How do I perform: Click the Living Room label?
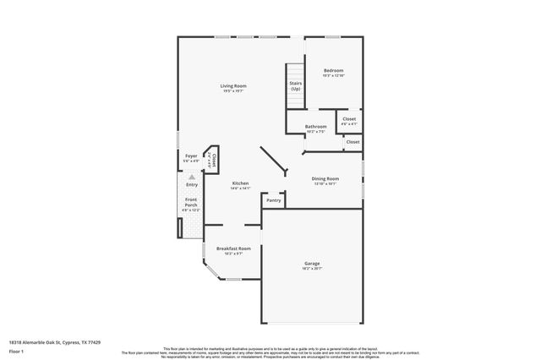pyautogui.click(x=233, y=86)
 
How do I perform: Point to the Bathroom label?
pyautogui.click(x=316, y=127)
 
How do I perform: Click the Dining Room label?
pyautogui.click(x=325, y=178)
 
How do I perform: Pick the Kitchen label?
pyautogui.click(x=241, y=183)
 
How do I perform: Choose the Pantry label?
pyautogui.click(x=274, y=200)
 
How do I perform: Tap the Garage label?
pyautogui.click(x=312, y=264)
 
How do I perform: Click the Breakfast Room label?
pyautogui.click(x=233, y=248)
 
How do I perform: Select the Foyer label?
pyautogui.click(x=191, y=155)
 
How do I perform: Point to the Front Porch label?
pyautogui.click(x=191, y=203)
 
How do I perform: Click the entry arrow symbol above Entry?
pyautogui.click(x=192, y=177)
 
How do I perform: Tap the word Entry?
pyautogui.click(x=192, y=184)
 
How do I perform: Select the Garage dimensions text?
pyautogui.click(x=312, y=269)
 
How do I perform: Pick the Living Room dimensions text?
pyautogui.click(x=233, y=91)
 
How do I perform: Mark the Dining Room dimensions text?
pyautogui.click(x=325, y=183)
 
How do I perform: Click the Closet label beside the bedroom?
pyautogui.click(x=349, y=119)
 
